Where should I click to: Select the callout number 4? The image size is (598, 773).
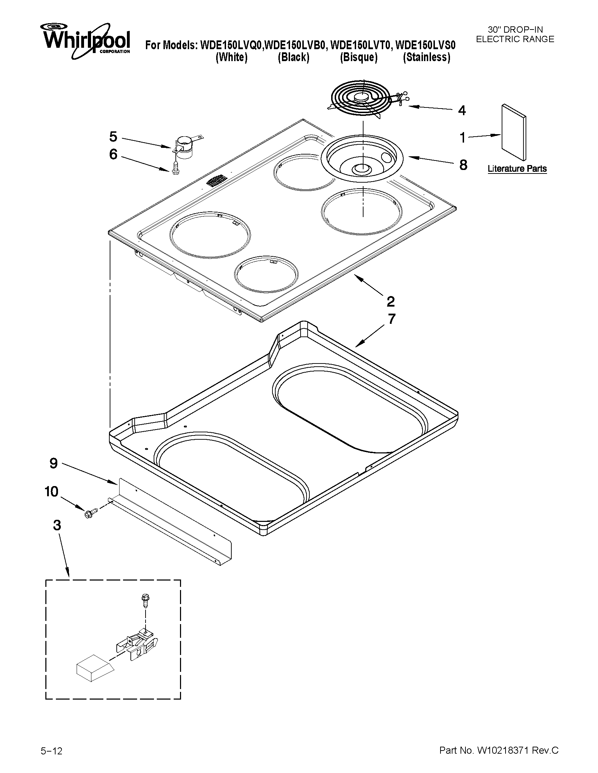click(x=462, y=110)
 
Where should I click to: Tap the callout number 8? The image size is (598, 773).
click(x=463, y=165)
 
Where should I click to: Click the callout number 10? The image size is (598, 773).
click(x=51, y=492)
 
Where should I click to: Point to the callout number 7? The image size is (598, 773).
click(x=391, y=319)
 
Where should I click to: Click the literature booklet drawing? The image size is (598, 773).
click(x=514, y=132)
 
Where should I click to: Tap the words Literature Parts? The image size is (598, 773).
click(x=517, y=169)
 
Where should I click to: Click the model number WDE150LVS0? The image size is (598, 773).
click(x=425, y=45)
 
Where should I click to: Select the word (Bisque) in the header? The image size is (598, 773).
click(x=359, y=57)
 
